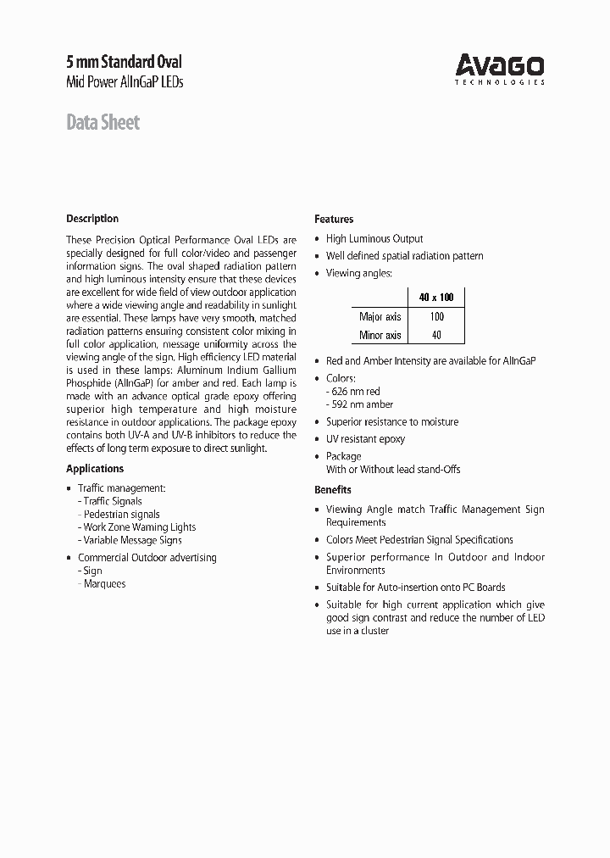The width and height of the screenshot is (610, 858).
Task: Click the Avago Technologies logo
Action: (500, 69)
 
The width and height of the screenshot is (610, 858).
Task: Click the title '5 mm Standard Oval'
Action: (124, 62)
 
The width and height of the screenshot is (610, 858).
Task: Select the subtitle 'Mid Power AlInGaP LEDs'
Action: (125, 82)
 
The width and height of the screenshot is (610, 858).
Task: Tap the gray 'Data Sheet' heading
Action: (103, 122)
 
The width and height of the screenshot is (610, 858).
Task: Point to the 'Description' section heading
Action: (92, 218)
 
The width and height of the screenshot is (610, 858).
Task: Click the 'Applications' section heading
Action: (95, 468)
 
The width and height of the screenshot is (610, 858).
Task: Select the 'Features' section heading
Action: (334, 219)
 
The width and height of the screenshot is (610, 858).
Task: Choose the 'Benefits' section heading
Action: (333, 489)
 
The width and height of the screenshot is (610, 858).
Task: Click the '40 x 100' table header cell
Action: (436, 298)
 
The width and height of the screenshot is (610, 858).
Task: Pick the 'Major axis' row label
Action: (380, 316)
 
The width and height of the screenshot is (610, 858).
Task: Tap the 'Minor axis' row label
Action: (380, 335)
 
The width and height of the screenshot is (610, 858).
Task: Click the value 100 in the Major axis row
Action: (436, 316)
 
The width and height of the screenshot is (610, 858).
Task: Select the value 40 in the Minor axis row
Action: (436, 335)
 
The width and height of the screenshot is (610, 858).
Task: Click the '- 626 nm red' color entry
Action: (353, 392)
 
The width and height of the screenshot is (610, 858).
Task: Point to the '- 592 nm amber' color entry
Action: (359, 404)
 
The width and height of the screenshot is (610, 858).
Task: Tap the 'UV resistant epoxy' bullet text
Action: (365, 438)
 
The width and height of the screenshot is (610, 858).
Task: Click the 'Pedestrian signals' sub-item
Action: (121, 514)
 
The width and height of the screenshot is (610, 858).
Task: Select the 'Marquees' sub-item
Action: (104, 583)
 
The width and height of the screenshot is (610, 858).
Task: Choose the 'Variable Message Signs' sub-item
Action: (132, 539)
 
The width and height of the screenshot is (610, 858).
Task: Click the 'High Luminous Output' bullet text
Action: (374, 239)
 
